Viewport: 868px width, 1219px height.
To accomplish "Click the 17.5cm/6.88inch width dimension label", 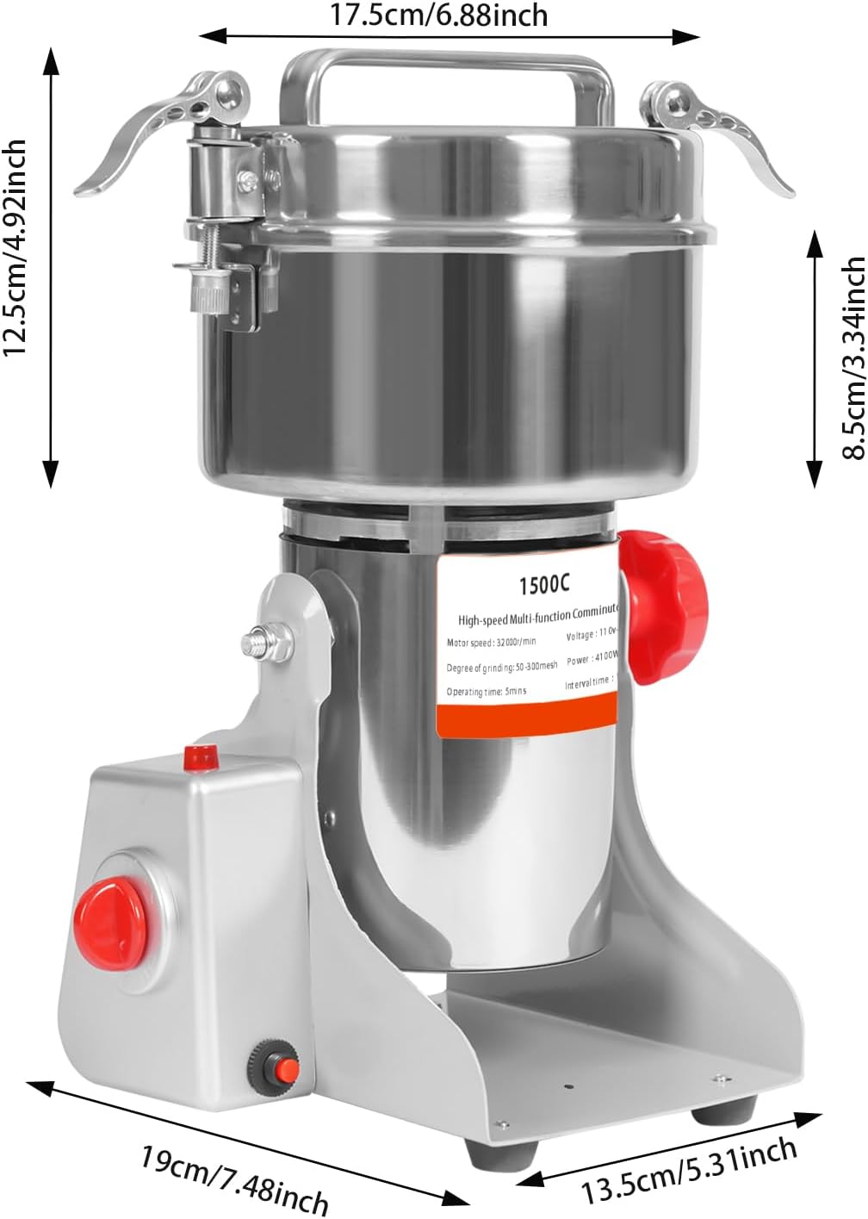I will click(439, 15).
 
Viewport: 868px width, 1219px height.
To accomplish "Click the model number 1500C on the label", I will click(543, 585).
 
